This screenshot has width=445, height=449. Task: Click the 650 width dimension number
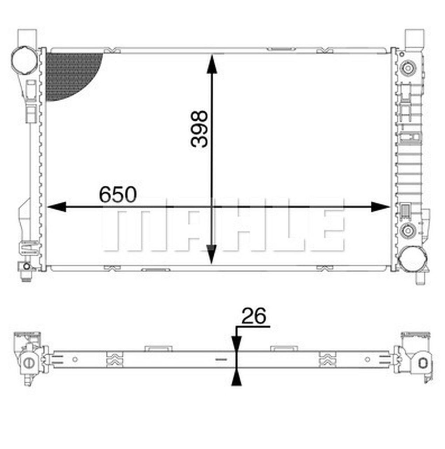point(118,195)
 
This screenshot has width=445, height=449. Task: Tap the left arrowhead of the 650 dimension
point(56,207)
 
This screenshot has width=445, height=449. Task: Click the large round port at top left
point(25,60)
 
